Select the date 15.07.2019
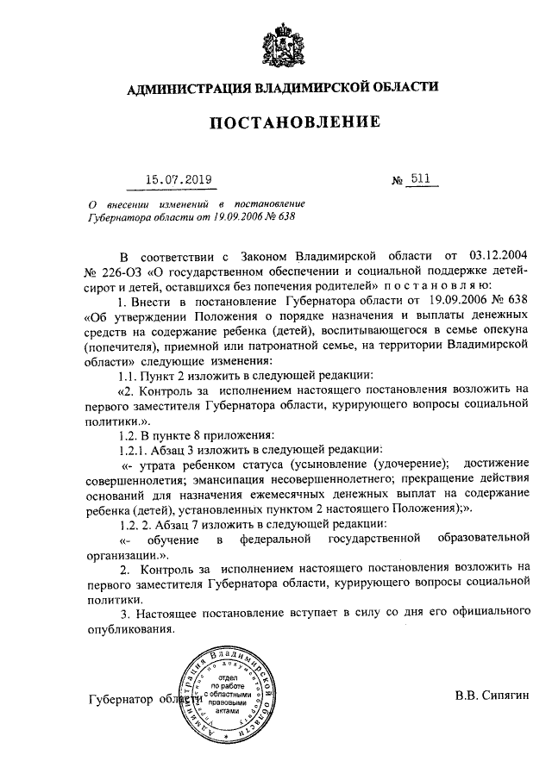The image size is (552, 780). pos(178,180)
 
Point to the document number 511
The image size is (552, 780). pos(421,179)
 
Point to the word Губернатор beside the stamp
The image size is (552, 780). pos(122,700)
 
